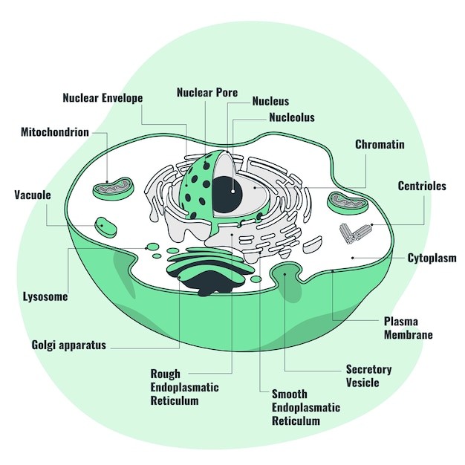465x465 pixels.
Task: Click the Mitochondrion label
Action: point(55,132)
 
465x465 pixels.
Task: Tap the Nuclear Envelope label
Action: point(103,98)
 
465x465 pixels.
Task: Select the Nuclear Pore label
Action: point(207,93)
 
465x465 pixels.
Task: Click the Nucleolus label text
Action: point(292,117)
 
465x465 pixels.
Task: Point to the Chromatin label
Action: point(380,144)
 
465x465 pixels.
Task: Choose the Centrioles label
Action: point(422,186)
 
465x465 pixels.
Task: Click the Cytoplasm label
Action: point(432,258)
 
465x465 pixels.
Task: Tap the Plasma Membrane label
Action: point(408,328)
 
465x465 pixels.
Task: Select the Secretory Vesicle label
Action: point(368,376)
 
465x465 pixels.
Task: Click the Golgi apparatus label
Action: point(69,345)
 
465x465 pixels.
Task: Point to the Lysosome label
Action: point(45,296)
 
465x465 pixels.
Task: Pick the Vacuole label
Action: point(33,195)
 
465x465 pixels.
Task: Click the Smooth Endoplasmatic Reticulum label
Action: point(305,407)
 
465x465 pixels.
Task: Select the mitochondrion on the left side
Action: point(114,189)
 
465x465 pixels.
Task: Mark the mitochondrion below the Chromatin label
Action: point(348,201)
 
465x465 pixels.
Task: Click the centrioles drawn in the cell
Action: point(355,232)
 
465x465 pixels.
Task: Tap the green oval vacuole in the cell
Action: point(105,225)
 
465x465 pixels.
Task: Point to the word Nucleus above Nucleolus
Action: point(270,101)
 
